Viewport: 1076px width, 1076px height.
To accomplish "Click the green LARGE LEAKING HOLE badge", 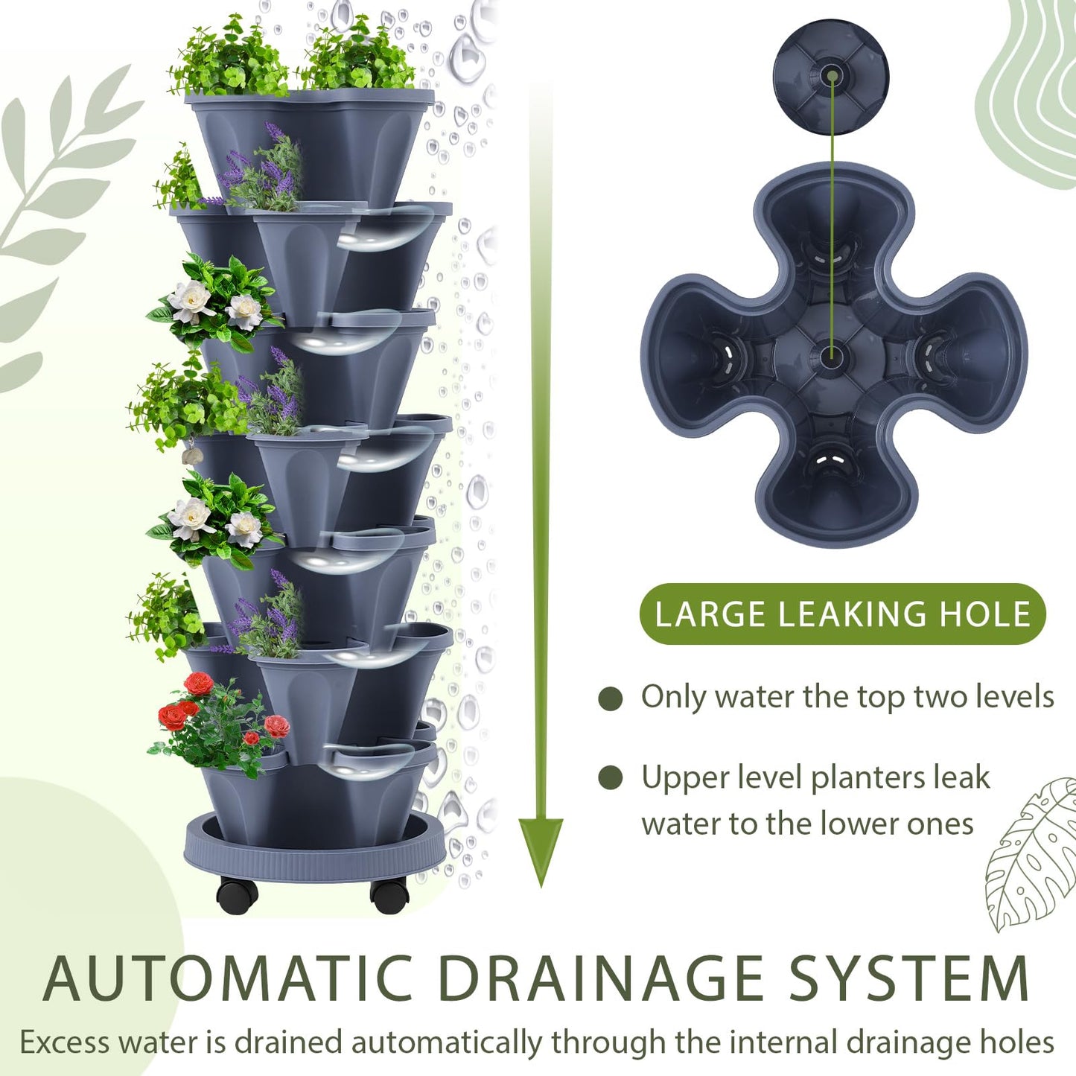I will (x=842, y=614).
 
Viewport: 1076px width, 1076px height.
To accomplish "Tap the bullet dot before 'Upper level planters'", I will (x=610, y=778).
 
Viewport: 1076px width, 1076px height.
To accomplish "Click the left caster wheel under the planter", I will (x=238, y=895).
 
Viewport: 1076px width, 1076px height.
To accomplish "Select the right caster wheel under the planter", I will (x=389, y=895).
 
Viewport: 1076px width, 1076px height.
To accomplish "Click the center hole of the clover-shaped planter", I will (x=831, y=354).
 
